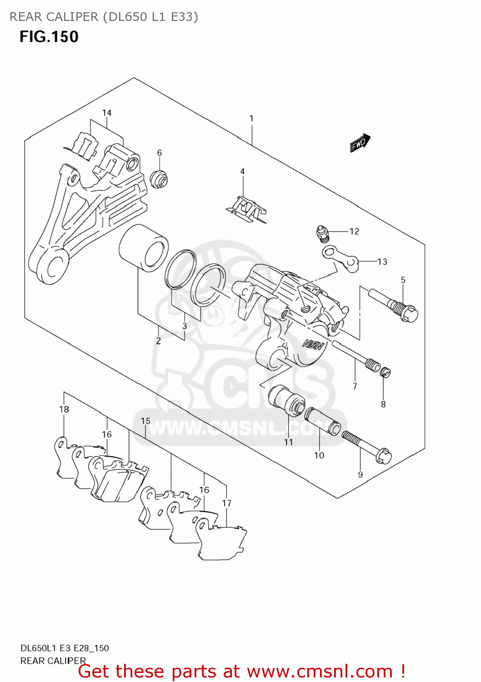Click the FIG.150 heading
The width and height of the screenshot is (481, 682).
click(x=49, y=37)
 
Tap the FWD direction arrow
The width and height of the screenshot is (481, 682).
click(x=360, y=142)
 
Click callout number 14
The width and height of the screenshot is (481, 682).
click(x=106, y=113)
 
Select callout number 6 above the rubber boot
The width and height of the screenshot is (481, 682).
click(x=160, y=153)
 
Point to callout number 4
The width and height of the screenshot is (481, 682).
click(x=242, y=171)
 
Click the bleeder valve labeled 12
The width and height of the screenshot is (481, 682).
click(x=322, y=232)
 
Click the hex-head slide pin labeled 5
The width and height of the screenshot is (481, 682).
click(x=394, y=305)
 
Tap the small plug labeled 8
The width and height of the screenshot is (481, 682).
click(x=386, y=373)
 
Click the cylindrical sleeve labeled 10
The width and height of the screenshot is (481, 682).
click(x=322, y=421)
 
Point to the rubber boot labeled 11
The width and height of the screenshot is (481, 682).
click(x=286, y=400)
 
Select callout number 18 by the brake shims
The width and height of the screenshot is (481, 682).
click(x=64, y=409)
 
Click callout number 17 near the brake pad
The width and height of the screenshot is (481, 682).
click(x=226, y=503)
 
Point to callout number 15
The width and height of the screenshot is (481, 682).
click(x=145, y=421)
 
